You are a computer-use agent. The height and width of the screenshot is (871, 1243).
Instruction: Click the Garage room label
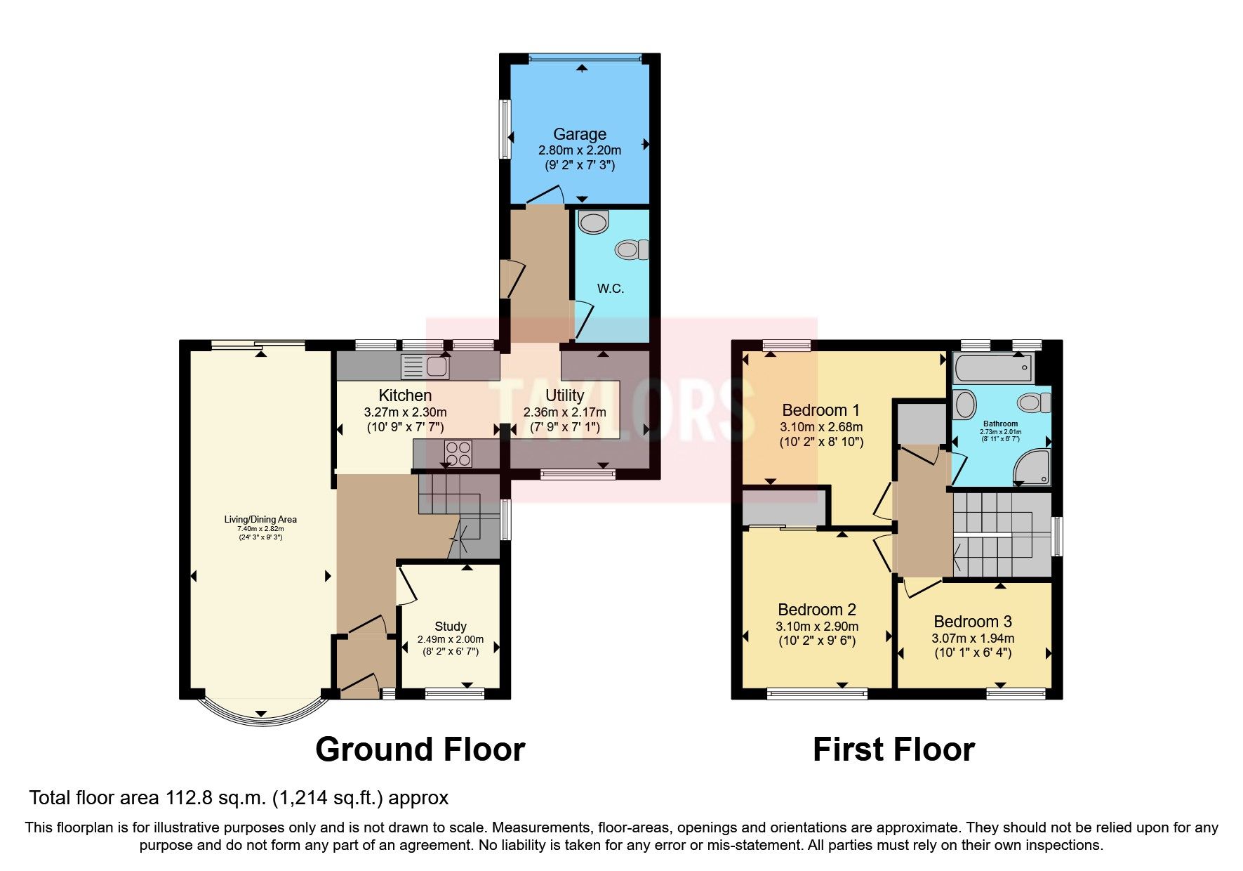pos(579,134)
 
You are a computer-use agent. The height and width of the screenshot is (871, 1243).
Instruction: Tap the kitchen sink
pos(425,367)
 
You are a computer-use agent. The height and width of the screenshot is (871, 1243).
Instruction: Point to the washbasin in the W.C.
pos(594,223)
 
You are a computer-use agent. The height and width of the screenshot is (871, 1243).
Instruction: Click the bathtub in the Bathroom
pos(992,367)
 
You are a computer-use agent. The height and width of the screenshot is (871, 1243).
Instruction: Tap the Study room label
pos(450,626)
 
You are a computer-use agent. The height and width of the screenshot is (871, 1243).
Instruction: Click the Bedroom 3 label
pos(972,622)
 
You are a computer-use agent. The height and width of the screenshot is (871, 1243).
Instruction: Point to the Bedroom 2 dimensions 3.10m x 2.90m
pos(816,627)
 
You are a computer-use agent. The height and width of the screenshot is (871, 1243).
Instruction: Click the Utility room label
pos(564,395)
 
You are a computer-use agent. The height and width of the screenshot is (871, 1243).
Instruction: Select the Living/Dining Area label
pos(260,520)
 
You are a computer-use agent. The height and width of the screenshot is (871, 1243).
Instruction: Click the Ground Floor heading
pos(420,749)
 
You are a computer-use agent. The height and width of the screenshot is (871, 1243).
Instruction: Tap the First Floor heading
pos(893,749)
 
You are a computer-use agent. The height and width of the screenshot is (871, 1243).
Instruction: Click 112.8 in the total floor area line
pos(190,798)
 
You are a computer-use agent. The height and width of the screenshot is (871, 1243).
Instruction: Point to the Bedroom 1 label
pos(820,410)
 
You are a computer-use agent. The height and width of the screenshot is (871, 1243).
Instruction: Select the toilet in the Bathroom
pos(1034,402)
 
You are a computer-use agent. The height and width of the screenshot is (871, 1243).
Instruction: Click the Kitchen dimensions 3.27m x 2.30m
pos(405,412)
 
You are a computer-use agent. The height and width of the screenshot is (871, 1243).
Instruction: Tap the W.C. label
pos(610,289)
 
